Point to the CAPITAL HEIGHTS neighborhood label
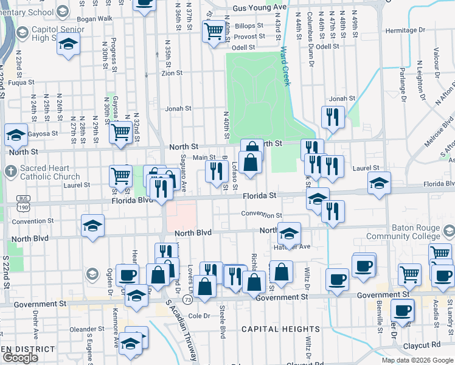coord(272,329)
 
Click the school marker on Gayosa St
coord(15,136)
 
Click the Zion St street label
coord(172,73)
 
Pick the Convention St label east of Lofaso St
coord(262,215)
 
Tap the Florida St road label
coord(260,196)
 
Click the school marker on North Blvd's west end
coord(92,226)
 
